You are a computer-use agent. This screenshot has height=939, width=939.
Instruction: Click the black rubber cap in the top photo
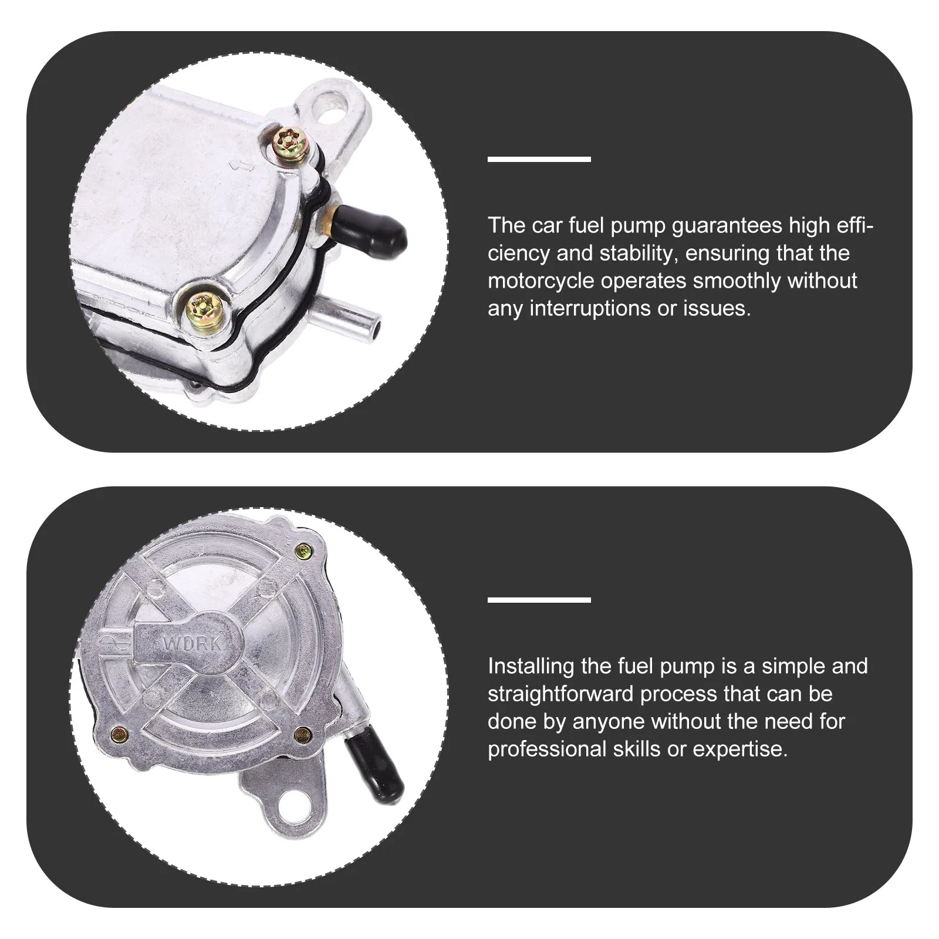(x=373, y=228)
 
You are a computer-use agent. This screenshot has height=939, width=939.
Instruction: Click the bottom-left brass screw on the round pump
(x=120, y=732)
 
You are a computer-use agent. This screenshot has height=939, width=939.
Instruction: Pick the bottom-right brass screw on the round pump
(x=303, y=732)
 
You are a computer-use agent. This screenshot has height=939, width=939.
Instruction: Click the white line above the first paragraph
(x=539, y=159)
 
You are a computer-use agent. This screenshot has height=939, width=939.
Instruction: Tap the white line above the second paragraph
(x=539, y=600)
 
